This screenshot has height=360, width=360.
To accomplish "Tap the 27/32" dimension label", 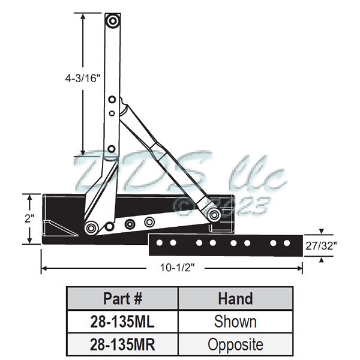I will click(324, 245).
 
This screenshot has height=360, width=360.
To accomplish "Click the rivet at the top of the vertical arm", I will click(112, 21).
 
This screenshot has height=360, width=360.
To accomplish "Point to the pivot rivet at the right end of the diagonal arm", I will click(213, 214).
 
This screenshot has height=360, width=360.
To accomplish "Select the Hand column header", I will click(235, 298).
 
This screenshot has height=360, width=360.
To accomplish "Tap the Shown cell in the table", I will click(235, 322).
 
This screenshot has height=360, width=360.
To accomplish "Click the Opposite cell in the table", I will click(235, 345).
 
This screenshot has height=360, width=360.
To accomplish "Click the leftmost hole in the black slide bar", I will click(160, 244).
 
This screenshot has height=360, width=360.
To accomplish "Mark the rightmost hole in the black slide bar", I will click(287, 244).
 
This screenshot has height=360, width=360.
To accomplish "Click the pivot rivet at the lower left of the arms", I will click(91, 227).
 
